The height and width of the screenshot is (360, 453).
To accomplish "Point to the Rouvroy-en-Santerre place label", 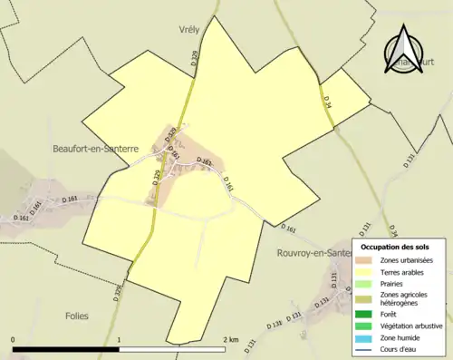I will coord(313,253).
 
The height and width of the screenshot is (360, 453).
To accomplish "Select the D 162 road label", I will coord(22,218).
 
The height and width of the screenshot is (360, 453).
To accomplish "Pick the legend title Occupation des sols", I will coord(395,247).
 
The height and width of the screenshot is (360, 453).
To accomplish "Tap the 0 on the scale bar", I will coord(14,339).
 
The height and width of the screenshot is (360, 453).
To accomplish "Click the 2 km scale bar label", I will coord(231,339).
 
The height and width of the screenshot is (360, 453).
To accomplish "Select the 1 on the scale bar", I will coord(120,339).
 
